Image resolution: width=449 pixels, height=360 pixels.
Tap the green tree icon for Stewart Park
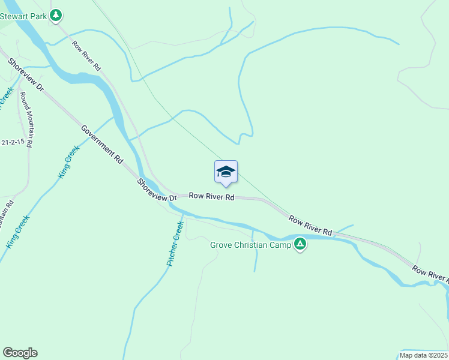[x=56, y=14]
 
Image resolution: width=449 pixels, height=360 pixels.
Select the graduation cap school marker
[x=226, y=172]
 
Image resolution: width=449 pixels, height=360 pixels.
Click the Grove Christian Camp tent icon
[x=300, y=244]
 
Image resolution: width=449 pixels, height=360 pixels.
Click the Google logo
[x=20, y=353]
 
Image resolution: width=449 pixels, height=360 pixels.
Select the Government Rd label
[x=102, y=145]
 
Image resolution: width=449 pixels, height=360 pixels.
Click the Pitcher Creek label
[x=175, y=244]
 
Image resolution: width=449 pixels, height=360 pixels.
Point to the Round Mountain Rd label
[x=26, y=119]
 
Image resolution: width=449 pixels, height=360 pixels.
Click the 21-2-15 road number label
[x=13, y=142]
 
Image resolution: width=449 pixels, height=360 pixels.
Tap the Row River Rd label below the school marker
[x=211, y=196]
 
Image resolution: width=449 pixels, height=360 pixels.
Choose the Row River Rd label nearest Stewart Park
[x=86, y=56]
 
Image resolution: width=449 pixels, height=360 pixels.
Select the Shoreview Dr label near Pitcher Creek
[x=156, y=190]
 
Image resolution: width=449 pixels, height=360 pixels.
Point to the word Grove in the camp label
[x=221, y=245]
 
